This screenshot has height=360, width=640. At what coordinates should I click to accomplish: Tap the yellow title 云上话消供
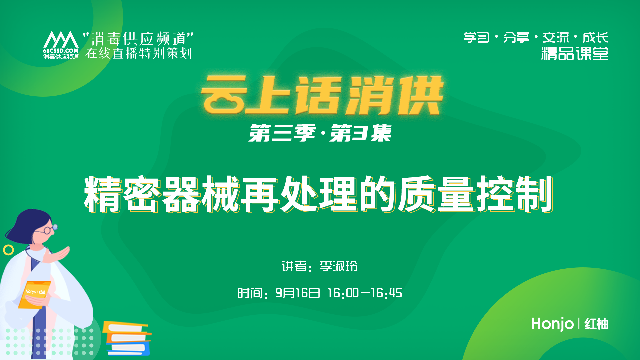point(322,95)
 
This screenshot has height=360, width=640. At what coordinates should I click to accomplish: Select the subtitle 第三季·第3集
point(320,133)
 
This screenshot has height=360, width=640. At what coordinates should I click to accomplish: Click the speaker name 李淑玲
point(339,266)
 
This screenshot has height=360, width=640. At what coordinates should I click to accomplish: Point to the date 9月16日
point(298,293)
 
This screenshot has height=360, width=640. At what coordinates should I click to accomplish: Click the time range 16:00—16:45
point(365,293)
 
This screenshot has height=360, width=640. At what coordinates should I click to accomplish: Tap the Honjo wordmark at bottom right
point(552,324)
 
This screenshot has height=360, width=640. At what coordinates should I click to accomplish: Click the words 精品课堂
point(574,53)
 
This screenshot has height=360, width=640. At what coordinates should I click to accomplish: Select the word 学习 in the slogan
point(476,37)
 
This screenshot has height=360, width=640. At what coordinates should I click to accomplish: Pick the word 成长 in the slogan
point(595,37)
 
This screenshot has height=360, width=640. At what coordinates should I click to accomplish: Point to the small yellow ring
point(8,250)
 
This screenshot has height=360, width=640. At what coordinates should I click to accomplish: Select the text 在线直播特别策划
point(139,53)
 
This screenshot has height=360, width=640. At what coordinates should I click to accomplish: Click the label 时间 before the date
point(250,293)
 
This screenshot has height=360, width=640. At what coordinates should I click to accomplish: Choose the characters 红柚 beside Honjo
point(596,324)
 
